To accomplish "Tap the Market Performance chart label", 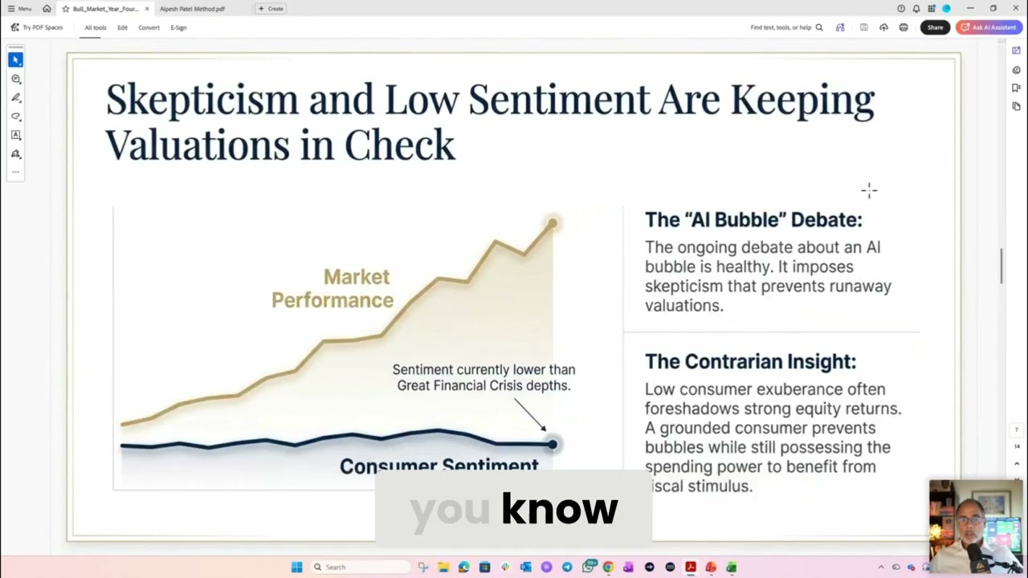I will pos(332,288).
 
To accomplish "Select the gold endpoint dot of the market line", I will pos(552,223).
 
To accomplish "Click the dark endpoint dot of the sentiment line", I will pos(552,444).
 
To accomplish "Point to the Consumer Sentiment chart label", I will pos(439,466).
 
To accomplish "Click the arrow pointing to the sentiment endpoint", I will pos(530,415).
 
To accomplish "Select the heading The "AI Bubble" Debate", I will pos(753,220).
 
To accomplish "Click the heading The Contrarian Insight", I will pos(750,362).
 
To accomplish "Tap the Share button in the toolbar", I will pos(935,27).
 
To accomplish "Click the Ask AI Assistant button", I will pos(989,27).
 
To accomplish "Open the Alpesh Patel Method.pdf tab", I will pos(192,9).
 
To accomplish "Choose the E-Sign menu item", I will pos(178,27).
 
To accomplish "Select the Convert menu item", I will pos(149,27).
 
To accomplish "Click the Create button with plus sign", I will pos(271,9).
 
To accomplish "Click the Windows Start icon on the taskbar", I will pos(296,567).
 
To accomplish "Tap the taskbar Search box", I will pos(361,567).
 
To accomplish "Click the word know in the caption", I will pos(559,508).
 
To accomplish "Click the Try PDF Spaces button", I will pos(37,27).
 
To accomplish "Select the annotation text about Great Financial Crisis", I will pos(483,377).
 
